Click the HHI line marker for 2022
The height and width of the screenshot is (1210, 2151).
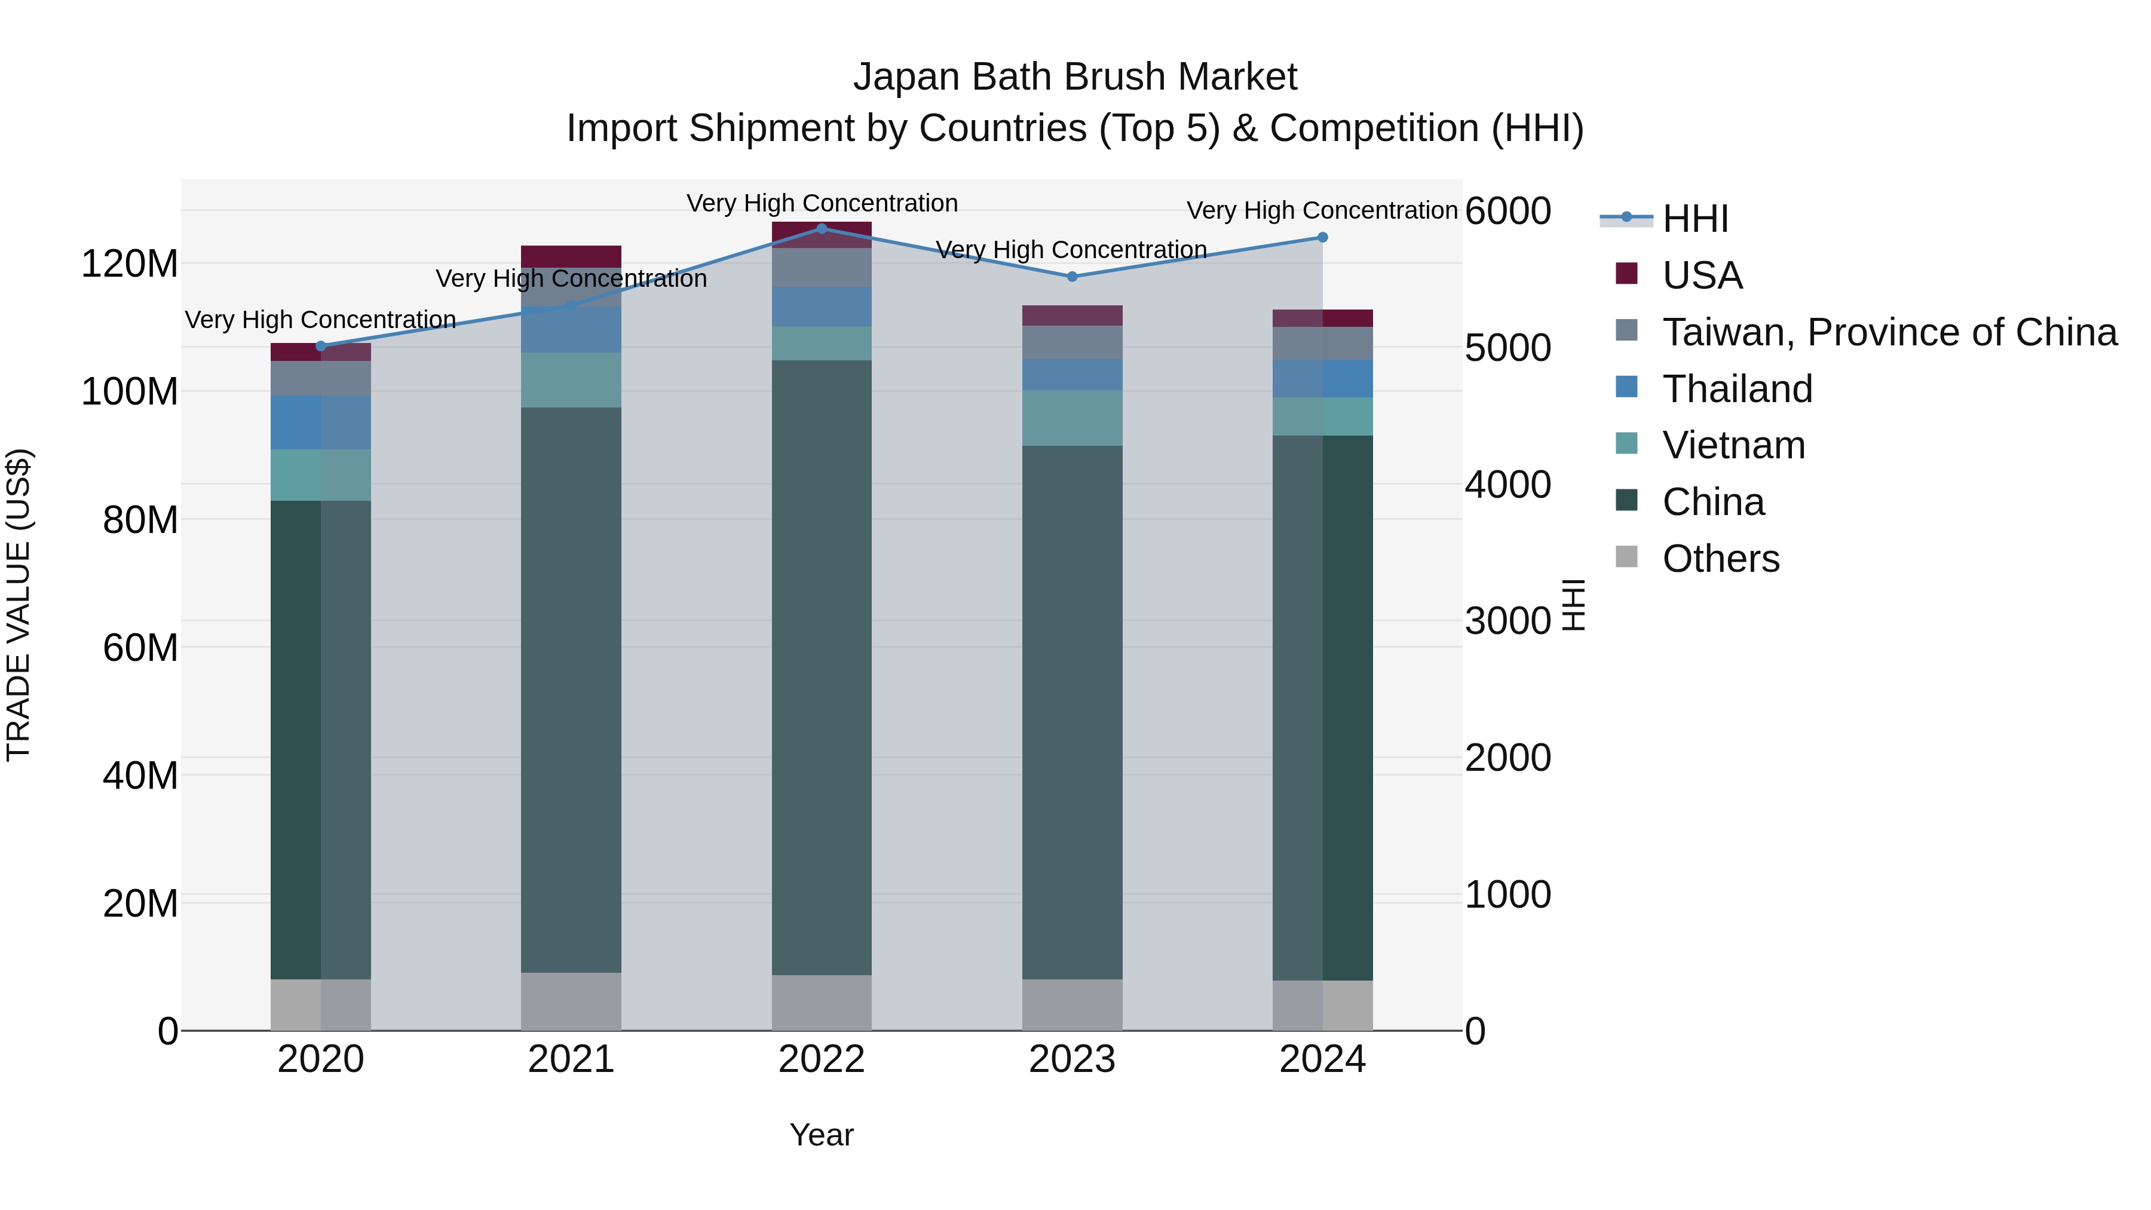(x=822, y=229)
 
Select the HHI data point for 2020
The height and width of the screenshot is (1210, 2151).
(x=321, y=346)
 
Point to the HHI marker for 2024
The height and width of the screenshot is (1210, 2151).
(x=1323, y=237)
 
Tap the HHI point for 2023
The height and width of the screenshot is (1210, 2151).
(x=1072, y=277)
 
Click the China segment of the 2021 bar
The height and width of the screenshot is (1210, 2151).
(x=571, y=690)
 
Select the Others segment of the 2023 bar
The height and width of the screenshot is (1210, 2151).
(x=1072, y=1004)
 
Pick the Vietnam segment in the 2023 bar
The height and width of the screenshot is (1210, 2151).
(x=1072, y=418)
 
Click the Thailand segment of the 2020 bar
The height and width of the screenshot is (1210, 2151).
(x=321, y=422)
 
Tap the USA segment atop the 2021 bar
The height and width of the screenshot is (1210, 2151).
(x=571, y=256)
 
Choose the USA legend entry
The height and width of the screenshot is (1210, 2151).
(x=1702, y=275)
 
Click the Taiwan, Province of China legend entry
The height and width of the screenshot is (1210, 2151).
(x=1889, y=332)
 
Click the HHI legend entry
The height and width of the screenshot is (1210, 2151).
(x=1695, y=219)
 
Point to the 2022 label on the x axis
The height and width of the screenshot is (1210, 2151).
(x=822, y=1059)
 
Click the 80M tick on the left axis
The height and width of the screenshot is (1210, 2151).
(x=140, y=519)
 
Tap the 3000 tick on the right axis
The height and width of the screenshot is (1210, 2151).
(x=1508, y=621)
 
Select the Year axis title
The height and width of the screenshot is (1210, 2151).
(x=822, y=1135)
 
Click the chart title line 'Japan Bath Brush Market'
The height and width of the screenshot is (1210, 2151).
(x=1075, y=77)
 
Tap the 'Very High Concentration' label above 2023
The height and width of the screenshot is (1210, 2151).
(x=1071, y=250)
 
